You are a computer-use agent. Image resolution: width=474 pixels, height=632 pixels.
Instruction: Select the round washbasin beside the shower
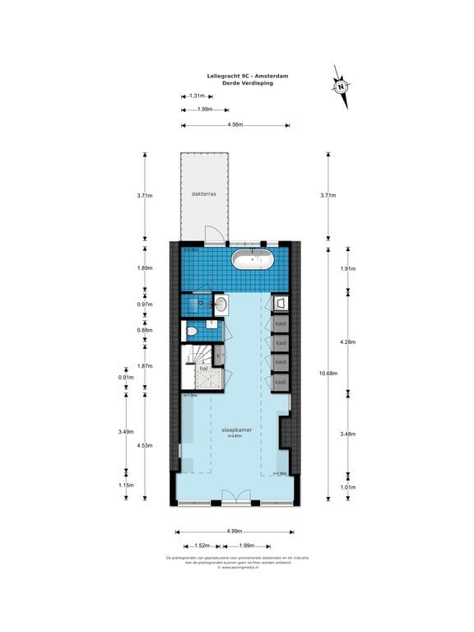coord(221,304)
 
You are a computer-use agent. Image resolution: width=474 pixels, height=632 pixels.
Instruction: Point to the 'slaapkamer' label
coord(236,430)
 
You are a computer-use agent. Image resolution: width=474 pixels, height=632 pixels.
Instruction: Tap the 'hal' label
coord(203,369)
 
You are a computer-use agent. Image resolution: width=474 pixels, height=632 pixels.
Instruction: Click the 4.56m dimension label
coord(235,125)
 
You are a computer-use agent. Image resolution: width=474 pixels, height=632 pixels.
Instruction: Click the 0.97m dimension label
coord(144,304)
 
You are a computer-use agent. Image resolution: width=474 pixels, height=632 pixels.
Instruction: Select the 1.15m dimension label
coord(125,486)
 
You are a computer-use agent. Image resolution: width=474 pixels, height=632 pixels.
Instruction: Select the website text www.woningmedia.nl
coord(237,567)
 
